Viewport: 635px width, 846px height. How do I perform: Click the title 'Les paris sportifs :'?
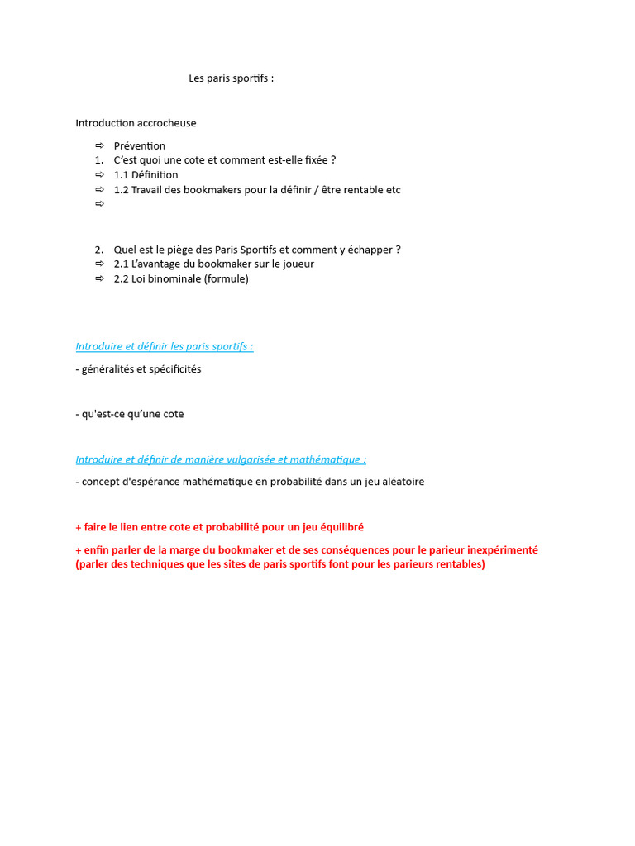pyautogui.click(x=231, y=78)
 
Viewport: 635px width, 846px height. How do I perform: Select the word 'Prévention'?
pyautogui.click(x=140, y=146)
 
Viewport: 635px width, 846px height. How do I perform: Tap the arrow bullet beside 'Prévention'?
pyautogui.click(x=99, y=145)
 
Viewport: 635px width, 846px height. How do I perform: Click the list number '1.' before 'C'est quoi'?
pyautogui.click(x=98, y=160)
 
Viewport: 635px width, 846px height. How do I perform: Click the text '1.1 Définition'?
pyautogui.click(x=146, y=175)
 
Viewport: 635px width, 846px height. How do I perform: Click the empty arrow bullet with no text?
pyautogui.click(x=99, y=204)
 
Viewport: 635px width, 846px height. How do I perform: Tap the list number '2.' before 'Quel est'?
pyautogui.click(x=98, y=250)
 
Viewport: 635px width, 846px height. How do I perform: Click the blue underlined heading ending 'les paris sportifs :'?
pyautogui.click(x=165, y=346)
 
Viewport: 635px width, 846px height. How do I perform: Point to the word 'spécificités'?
pyautogui.click(x=173, y=369)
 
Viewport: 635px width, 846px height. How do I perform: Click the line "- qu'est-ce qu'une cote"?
pyautogui.click(x=130, y=414)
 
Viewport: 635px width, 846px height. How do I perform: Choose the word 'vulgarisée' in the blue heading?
pyautogui.click(x=251, y=459)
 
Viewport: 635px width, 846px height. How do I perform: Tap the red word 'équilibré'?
pyautogui.click(x=338, y=527)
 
